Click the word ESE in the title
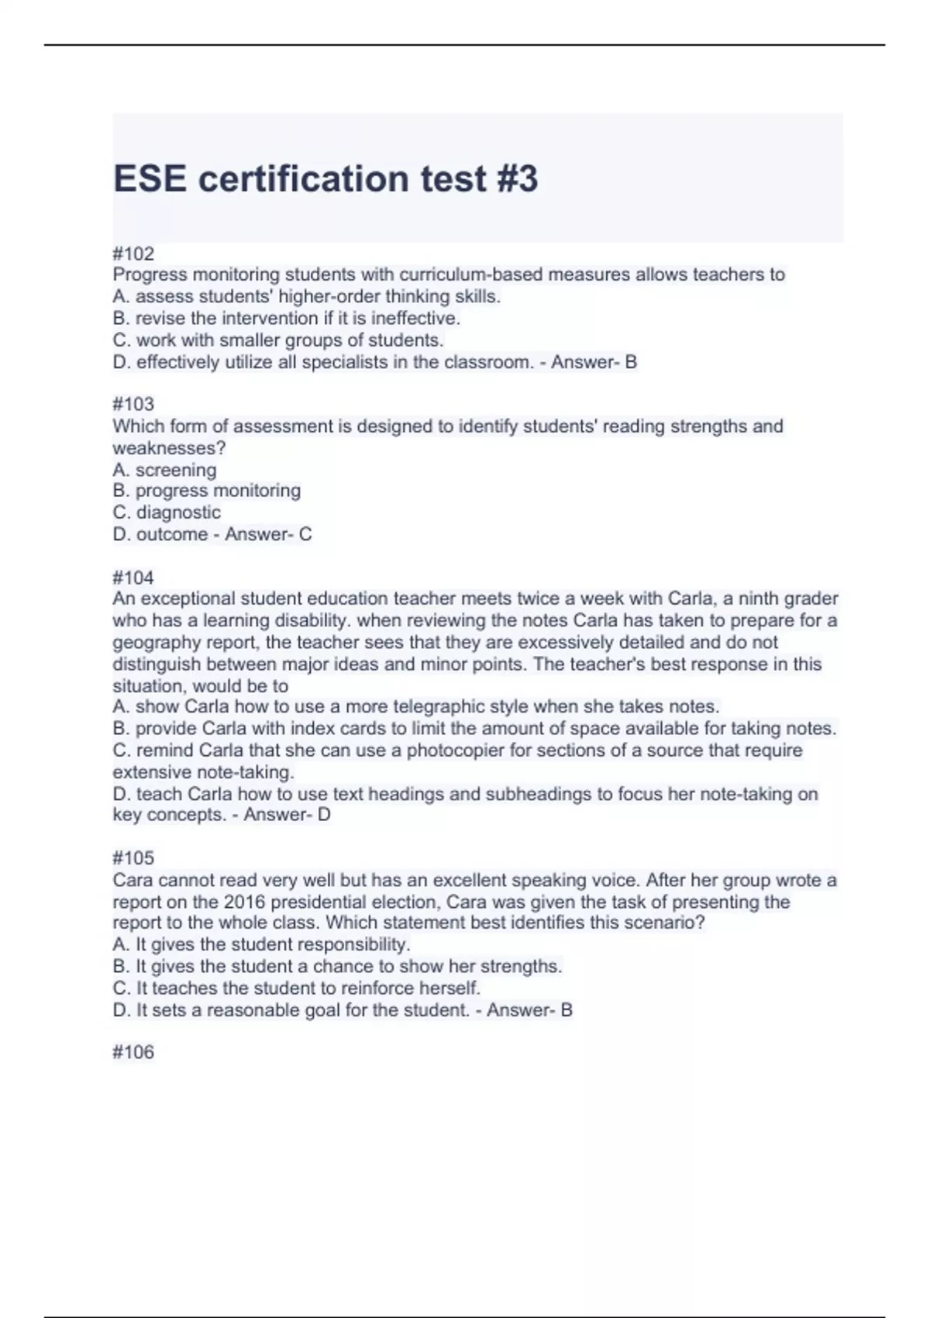(150, 179)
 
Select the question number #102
(133, 254)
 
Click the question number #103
(133, 404)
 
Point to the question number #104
(133, 578)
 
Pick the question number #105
(133, 857)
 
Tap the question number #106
(133, 1052)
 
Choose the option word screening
(176, 470)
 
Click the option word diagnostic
(178, 512)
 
